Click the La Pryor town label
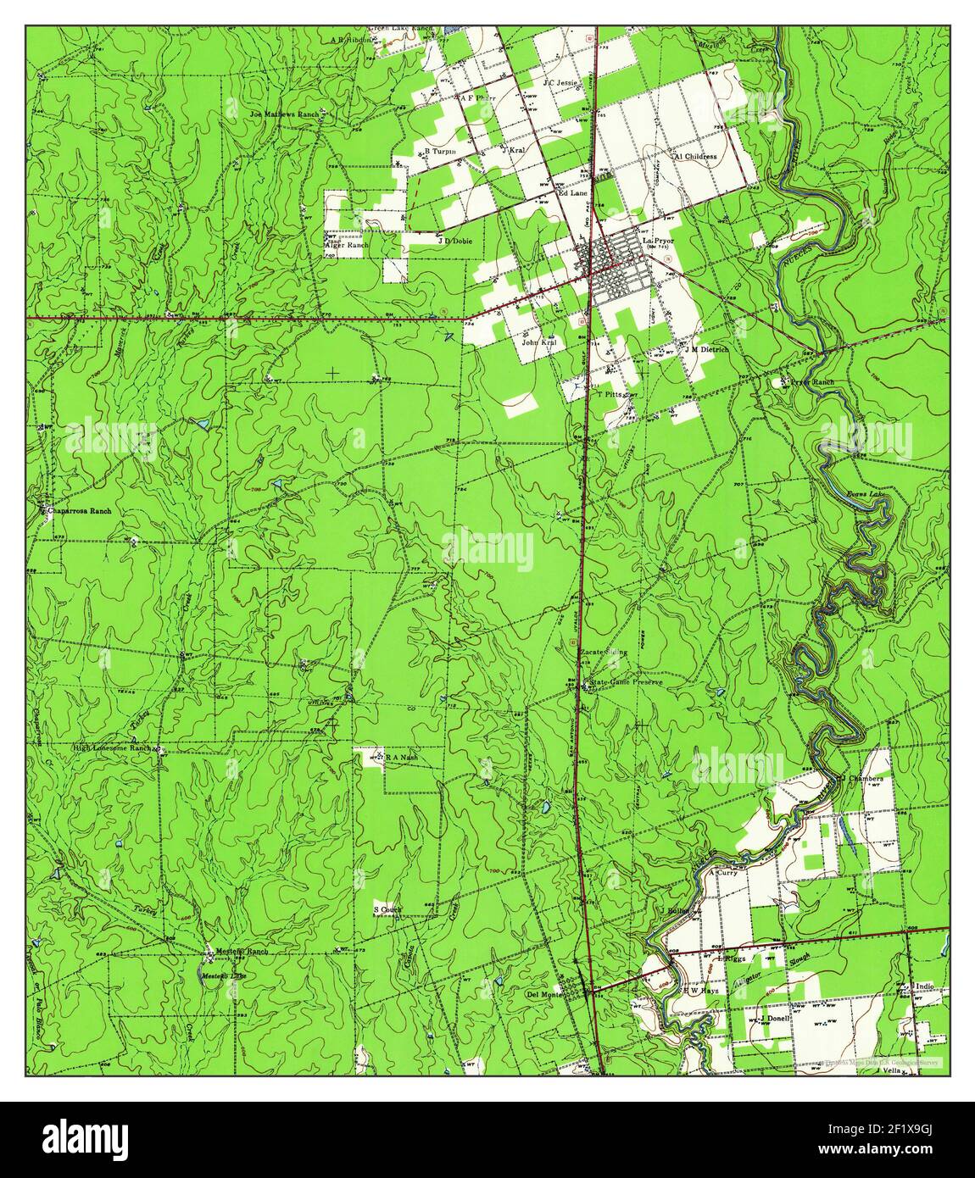point(658,242)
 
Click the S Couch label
point(387,909)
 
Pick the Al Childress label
point(695,157)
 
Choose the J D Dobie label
point(454,241)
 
